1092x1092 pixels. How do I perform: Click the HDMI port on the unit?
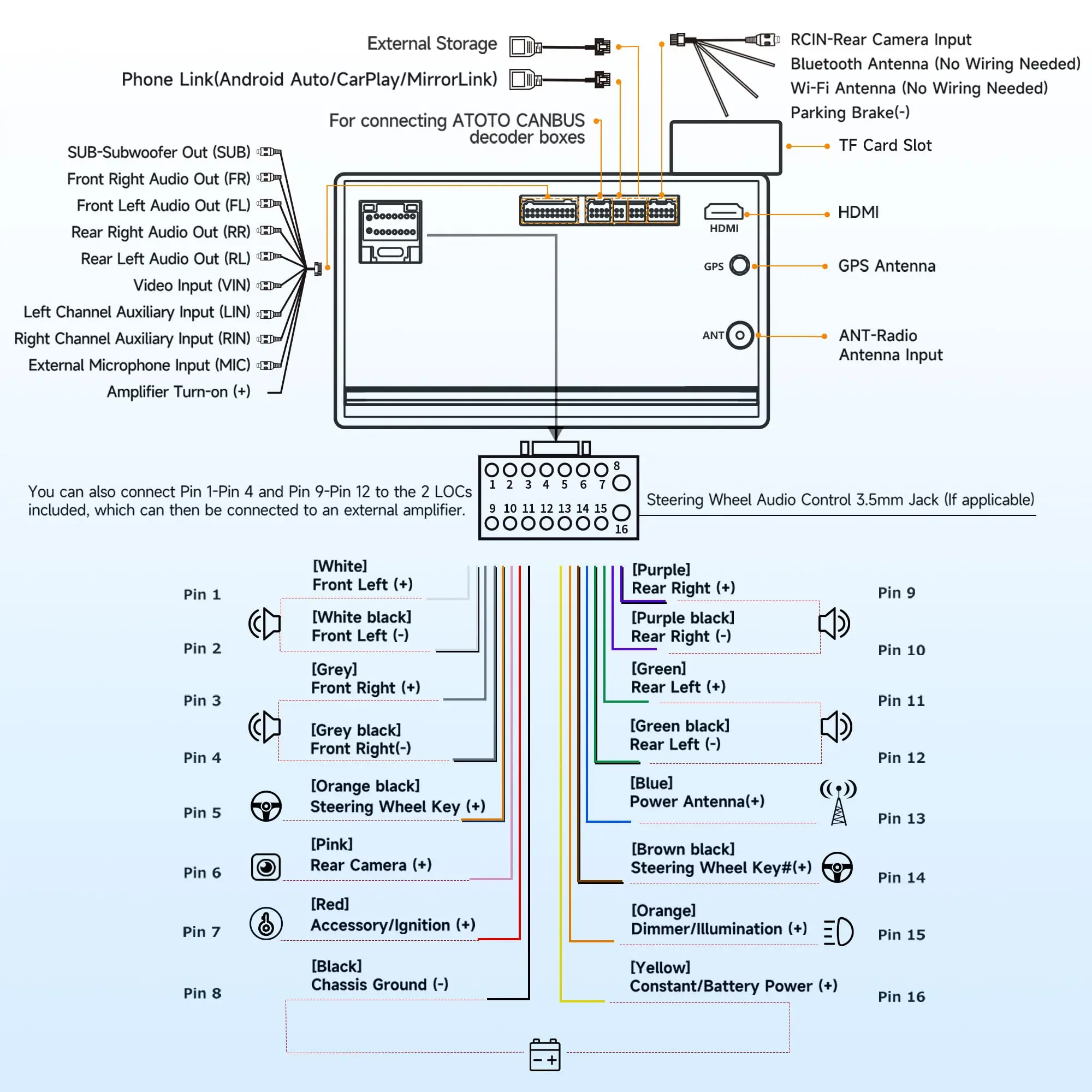[x=723, y=212]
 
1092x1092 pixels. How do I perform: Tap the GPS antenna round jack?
[x=739, y=265]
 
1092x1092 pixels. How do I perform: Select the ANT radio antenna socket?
[x=740, y=335]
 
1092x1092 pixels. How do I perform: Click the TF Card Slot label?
[x=885, y=146]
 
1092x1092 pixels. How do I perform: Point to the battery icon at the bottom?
[x=545, y=1055]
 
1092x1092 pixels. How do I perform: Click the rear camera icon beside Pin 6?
[x=266, y=867]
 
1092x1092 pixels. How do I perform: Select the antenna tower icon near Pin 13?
[x=838, y=803]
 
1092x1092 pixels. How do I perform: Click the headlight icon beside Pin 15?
[x=839, y=931]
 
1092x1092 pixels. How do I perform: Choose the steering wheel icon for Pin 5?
[x=266, y=806]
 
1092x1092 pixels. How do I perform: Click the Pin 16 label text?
[x=901, y=996]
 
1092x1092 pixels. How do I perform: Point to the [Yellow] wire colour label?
[x=660, y=967]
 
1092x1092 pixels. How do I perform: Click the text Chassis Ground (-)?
[x=379, y=984]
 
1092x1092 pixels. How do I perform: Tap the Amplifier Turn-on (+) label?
[x=179, y=391]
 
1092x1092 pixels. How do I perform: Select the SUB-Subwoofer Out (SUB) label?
[x=159, y=152]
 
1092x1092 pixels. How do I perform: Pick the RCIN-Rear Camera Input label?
[x=881, y=39]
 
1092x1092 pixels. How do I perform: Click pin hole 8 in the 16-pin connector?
[x=621, y=483]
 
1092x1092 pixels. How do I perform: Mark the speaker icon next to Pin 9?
[x=834, y=624]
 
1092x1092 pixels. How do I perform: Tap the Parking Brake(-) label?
[x=850, y=112]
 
